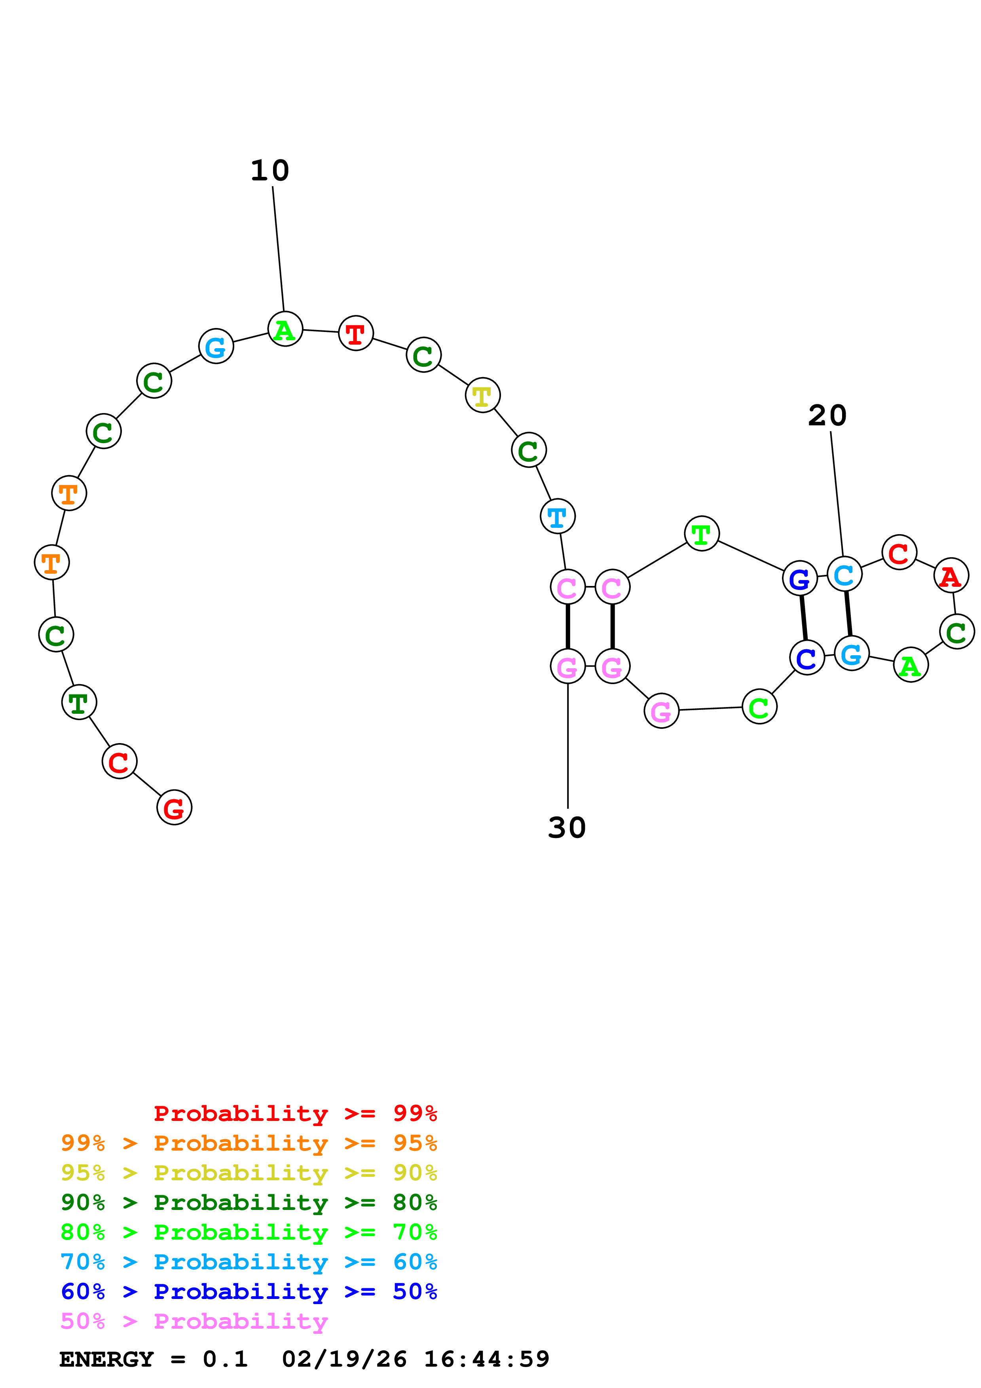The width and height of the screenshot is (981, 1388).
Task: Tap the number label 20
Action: (x=827, y=415)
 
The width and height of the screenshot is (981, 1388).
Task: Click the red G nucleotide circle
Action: (x=174, y=808)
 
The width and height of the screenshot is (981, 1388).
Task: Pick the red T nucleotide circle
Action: (x=355, y=333)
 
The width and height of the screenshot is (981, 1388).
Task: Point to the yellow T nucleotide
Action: (x=482, y=396)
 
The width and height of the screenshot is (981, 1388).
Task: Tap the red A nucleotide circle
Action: (x=951, y=576)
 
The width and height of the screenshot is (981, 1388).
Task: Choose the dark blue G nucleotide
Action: (x=800, y=579)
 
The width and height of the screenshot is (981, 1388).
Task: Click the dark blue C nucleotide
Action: (x=807, y=658)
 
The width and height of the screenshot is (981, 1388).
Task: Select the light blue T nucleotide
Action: (x=557, y=517)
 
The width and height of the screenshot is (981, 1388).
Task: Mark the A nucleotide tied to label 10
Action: (x=285, y=330)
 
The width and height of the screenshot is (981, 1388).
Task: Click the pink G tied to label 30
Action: (x=567, y=667)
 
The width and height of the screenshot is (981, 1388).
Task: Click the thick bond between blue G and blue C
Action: (x=803, y=618)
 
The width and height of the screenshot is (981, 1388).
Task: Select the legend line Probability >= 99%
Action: (x=295, y=1113)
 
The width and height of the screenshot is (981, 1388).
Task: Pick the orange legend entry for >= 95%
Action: (x=249, y=1143)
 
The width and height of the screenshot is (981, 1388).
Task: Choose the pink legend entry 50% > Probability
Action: (x=194, y=1322)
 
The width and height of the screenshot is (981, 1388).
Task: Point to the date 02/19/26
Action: (x=344, y=1360)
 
